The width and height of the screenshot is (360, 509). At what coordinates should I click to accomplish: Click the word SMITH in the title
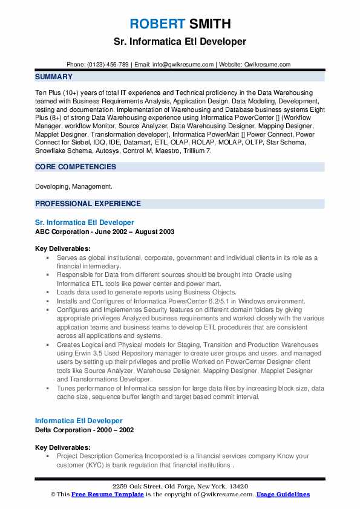209,24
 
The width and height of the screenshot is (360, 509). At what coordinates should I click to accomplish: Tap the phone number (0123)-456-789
106,65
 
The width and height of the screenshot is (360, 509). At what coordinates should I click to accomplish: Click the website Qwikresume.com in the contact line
267,65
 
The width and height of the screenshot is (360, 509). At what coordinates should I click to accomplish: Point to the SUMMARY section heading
54,77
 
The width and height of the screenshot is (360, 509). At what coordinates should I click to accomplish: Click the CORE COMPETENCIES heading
76,167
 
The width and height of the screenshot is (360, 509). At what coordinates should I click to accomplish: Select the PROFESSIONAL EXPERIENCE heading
88,204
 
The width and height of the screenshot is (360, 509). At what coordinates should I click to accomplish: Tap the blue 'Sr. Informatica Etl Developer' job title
84,222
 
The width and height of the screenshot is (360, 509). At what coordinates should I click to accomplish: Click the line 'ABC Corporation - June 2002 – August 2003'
104,232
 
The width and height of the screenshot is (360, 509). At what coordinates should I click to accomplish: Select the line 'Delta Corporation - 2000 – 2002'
84,430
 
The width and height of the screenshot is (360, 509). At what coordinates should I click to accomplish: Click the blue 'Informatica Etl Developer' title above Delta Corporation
79,421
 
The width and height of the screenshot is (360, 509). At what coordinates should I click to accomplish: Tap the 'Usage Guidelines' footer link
283,494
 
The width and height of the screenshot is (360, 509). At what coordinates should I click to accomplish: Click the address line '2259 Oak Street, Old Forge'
180,487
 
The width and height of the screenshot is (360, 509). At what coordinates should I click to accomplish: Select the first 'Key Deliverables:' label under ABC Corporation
63,248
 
